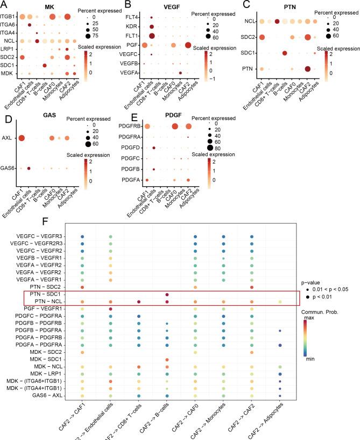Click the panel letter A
4,5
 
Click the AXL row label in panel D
10,138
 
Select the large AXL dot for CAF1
21,138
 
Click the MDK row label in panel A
8,73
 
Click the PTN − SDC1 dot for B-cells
166,295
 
